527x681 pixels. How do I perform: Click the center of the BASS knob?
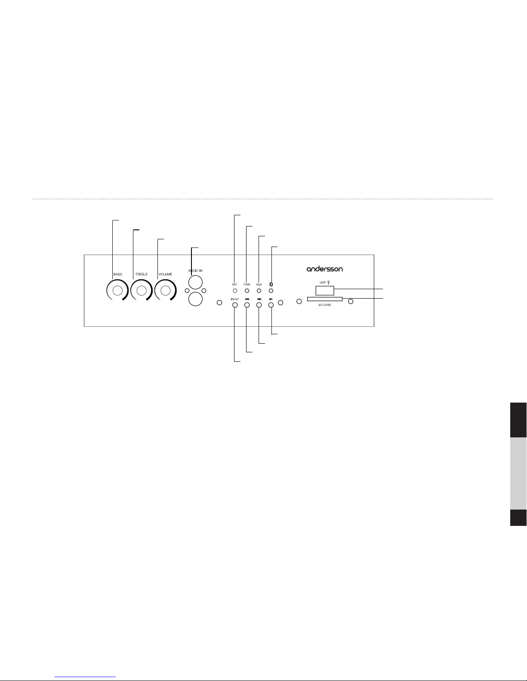click(x=117, y=290)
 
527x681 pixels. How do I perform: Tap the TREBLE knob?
click(x=142, y=290)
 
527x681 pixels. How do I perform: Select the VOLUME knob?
click(x=165, y=290)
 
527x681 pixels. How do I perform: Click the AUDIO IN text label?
click(x=195, y=270)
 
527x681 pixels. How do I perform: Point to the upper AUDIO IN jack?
click(x=195, y=282)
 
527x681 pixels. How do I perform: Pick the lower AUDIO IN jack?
click(x=195, y=299)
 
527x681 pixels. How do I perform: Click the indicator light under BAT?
click(x=235, y=290)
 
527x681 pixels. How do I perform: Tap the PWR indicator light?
click(x=247, y=290)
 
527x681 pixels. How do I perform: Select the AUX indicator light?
click(x=259, y=290)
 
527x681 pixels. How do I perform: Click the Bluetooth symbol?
click(x=271, y=284)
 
